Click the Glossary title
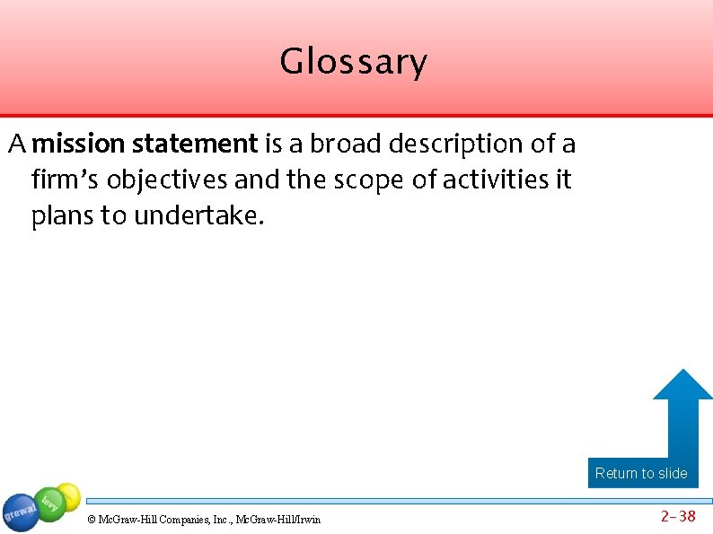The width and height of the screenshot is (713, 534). (353, 63)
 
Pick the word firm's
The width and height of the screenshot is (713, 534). (59, 180)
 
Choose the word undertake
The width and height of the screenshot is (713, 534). (199, 217)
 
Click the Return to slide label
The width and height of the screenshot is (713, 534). (641, 473)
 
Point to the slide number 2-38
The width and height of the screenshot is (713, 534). (678, 516)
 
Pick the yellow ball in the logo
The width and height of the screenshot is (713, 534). (68, 495)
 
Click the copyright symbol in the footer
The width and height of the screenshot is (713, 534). (91, 520)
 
